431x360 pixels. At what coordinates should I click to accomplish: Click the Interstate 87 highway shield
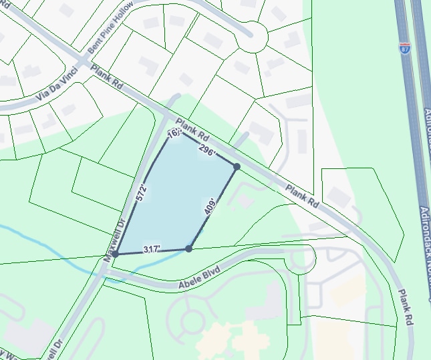405,48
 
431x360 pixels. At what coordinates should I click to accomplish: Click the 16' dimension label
174,134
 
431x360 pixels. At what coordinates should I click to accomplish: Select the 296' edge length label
207,151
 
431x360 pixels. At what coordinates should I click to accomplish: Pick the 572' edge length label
141,192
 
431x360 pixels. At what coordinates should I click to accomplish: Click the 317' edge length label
152,250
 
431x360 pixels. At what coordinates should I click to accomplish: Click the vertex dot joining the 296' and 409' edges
237,166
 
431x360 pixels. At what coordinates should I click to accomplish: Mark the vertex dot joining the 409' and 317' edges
188,248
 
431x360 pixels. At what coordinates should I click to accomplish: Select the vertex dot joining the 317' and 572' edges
116,254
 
